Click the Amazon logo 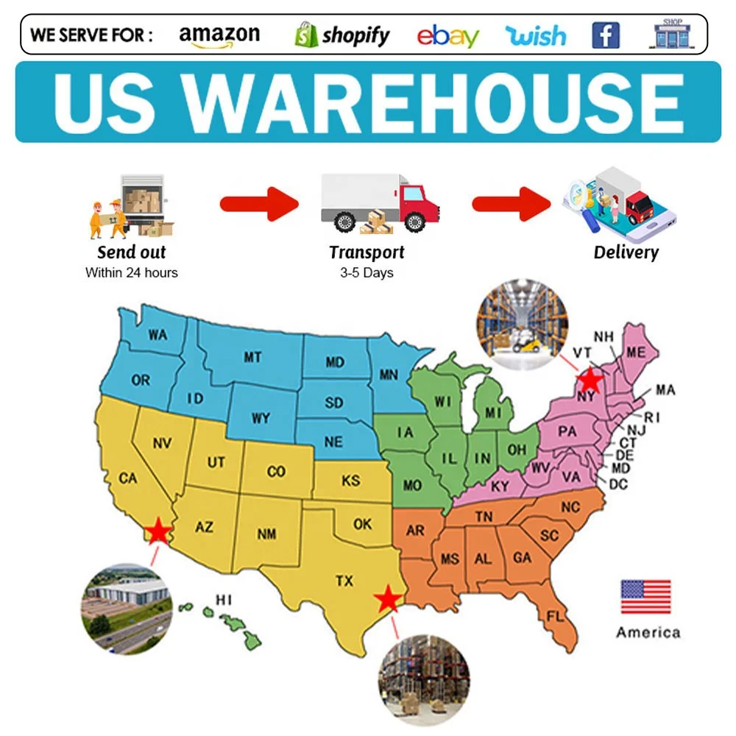[x=219, y=35]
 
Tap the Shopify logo [x=342, y=35]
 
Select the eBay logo [x=447, y=36]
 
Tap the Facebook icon [x=606, y=35]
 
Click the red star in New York [x=590, y=379]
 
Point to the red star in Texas [x=388, y=600]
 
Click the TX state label [x=344, y=581]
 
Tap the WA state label [x=158, y=336]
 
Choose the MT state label [x=252, y=358]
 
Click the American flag [x=645, y=597]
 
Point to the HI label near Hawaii [x=224, y=600]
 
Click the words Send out [x=132, y=252]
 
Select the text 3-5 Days [x=367, y=273]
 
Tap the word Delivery [x=626, y=252]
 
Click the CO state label [x=276, y=471]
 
